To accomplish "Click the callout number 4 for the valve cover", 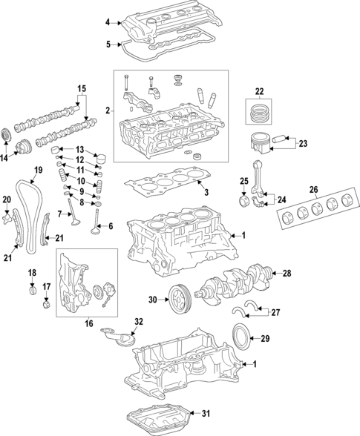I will click(107, 22).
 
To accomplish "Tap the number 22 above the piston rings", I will click(259, 91).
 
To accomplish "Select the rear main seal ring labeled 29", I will click(246, 334).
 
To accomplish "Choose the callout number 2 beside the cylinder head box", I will click(108, 110).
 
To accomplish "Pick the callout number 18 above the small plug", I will click(32, 274).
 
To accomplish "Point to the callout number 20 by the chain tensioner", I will click(7, 199).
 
